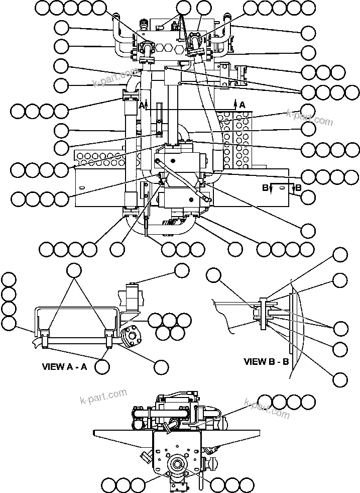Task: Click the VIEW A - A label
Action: (64, 366)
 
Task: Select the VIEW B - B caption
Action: (266, 361)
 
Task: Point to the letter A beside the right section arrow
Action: (243, 105)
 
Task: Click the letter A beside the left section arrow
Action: (142, 105)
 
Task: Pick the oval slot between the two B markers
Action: (283, 187)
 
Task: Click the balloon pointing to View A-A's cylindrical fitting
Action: (181, 270)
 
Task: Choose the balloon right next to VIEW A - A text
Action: (102, 366)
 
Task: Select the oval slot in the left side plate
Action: (80, 187)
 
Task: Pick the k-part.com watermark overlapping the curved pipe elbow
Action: (114, 77)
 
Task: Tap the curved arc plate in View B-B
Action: (300, 322)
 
